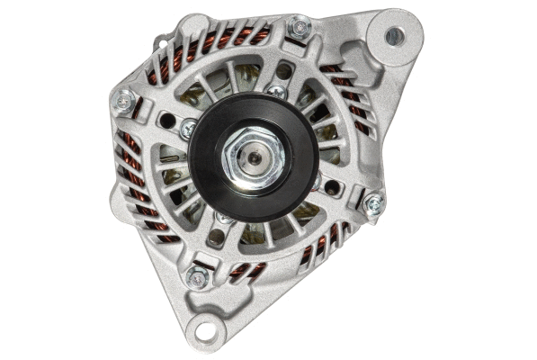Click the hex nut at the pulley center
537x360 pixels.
coord(258,156)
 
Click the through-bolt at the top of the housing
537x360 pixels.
coord(299,29)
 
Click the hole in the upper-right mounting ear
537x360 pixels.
coord(394,36)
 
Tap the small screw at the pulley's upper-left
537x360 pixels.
coord(188,129)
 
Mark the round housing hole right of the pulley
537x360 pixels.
coord(333,187)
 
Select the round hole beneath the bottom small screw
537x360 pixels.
coord(217,238)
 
